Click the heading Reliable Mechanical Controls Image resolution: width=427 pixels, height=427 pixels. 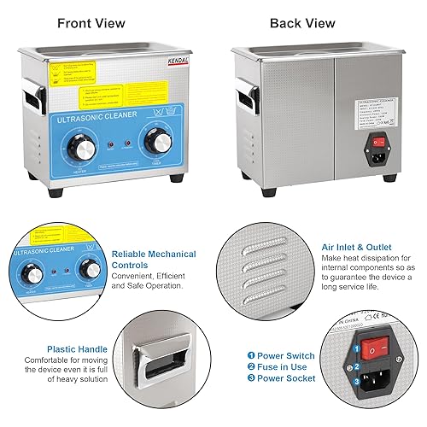click(x=153, y=260)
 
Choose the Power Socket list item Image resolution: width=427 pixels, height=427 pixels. click(x=285, y=378)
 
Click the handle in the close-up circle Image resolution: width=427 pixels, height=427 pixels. click(x=157, y=368)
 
